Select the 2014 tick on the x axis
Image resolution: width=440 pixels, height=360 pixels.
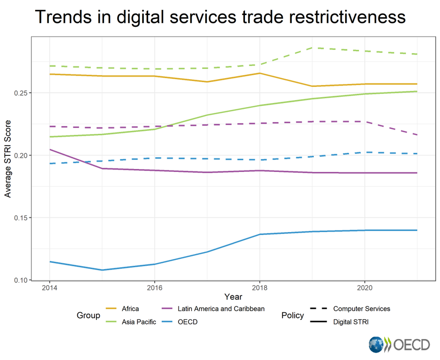[49, 288]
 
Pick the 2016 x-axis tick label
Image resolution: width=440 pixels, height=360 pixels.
[154, 288]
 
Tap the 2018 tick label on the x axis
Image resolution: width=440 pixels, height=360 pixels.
[259, 288]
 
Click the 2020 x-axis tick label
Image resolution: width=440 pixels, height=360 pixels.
[365, 288]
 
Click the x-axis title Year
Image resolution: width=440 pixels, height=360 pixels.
[233, 297]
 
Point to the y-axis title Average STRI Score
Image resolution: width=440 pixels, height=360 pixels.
[8, 160]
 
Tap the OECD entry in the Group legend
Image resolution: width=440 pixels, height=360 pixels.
[188, 322]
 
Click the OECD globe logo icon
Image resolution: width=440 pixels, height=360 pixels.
[377, 344]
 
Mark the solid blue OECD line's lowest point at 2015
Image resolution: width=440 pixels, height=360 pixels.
[102, 270]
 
